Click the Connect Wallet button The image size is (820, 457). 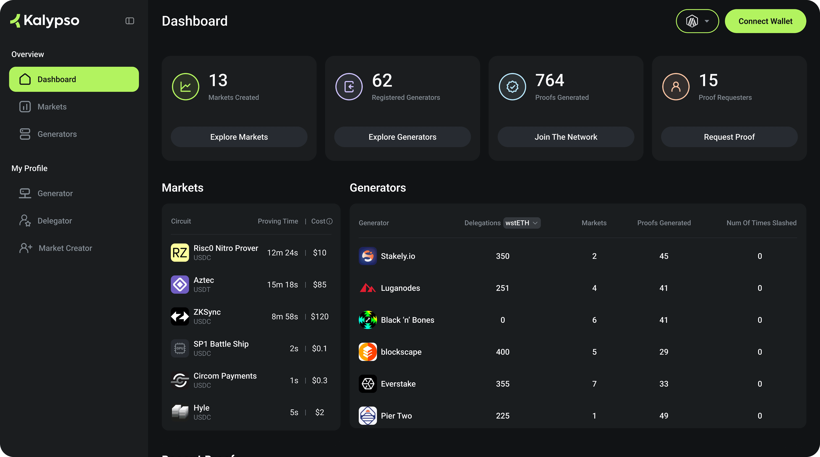click(765, 21)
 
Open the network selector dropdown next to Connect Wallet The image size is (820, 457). click(697, 21)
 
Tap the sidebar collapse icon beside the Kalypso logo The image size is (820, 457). click(130, 21)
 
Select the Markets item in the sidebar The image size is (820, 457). click(52, 107)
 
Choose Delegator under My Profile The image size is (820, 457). click(55, 221)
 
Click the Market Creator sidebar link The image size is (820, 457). click(65, 248)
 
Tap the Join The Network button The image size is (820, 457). click(566, 137)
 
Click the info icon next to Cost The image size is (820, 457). click(329, 221)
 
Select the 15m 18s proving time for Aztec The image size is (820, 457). click(282, 285)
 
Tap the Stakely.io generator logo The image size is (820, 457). click(368, 256)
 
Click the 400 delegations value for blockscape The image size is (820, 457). click(502, 352)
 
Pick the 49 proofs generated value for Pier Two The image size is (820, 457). click(663, 416)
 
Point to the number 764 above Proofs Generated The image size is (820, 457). click(549, 80)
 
